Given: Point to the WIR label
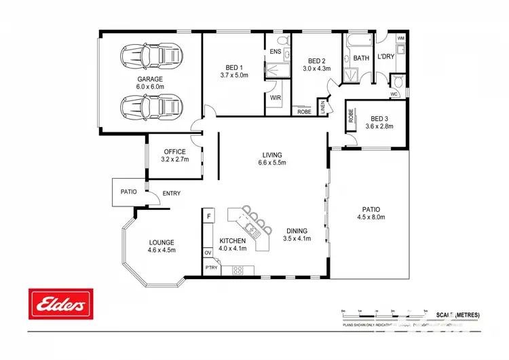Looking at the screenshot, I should point(276,98).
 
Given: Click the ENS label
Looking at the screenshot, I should point(276,52).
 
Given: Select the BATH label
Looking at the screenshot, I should point(361,58).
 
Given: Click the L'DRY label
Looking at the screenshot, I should point(385,57).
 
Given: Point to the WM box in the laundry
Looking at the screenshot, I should point(400,38).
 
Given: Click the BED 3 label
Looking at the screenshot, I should point(380,118).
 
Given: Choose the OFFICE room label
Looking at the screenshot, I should point(174,151).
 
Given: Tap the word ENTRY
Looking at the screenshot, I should point(172,194).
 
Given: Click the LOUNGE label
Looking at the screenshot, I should point(162,242).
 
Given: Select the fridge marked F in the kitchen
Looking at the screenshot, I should point(209,216).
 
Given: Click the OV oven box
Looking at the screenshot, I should point(208,253).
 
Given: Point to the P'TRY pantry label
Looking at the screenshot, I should point(211,268).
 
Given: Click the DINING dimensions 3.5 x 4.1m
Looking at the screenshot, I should point(296,238).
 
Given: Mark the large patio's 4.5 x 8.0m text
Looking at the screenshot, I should point(371,217).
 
